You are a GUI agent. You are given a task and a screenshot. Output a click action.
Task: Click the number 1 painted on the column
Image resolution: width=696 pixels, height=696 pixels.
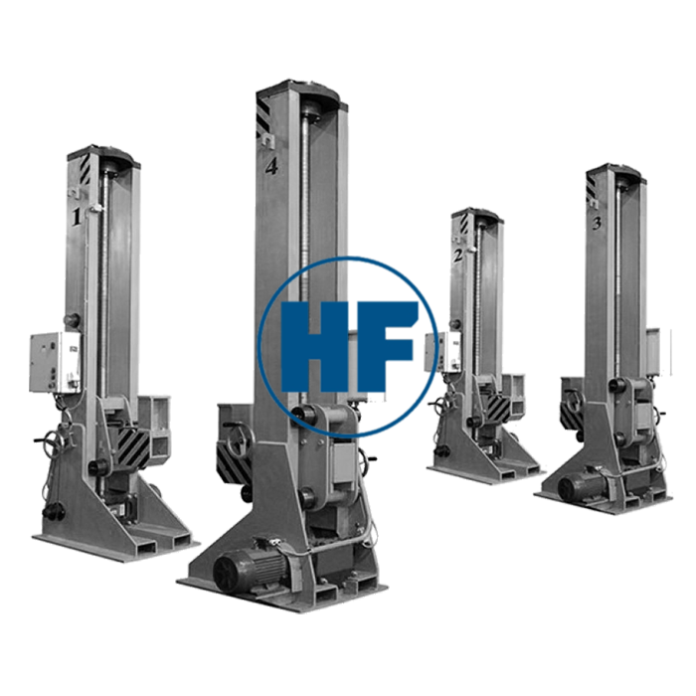coord(77,217)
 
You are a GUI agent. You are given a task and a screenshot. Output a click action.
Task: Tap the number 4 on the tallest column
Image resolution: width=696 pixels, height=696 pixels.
coord(271,166)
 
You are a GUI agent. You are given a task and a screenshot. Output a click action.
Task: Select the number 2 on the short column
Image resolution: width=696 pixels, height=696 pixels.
coord(458,255)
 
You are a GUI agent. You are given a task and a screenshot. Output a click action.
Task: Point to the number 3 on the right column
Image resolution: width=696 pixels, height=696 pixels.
coord(597,224)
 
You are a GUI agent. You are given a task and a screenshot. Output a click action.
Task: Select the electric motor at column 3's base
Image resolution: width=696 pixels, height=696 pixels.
coord(583,483)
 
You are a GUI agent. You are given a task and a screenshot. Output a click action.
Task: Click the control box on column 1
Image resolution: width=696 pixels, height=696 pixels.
coord(56,363)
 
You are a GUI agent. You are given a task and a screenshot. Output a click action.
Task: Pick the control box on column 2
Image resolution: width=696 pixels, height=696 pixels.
coord(439,353)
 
